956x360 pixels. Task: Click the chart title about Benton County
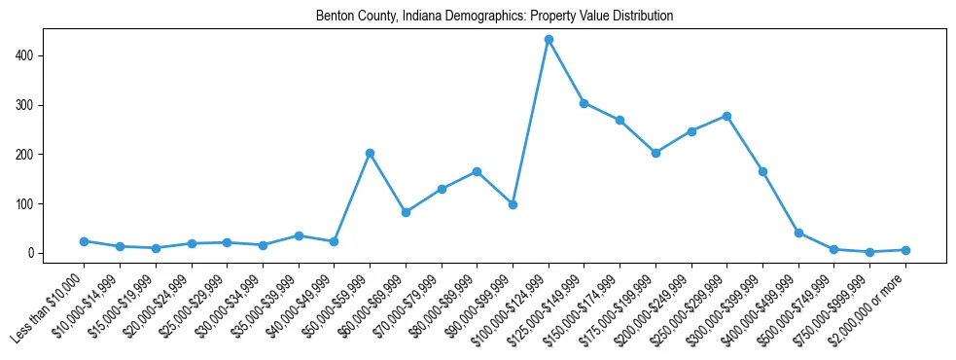click(494, 17)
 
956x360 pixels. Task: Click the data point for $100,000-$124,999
click(549, 40)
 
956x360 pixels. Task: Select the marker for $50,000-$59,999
click(370, 153)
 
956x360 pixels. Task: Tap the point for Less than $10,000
click(84, 241)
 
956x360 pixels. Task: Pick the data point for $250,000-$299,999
click(726, 116)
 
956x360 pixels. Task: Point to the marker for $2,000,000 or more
click(905, 250)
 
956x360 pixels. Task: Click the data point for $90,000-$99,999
click(513, 204)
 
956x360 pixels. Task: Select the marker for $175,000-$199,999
click(655, 153)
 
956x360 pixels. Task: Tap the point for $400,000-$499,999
click(798, 233)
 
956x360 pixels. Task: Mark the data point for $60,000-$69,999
click(406, 212)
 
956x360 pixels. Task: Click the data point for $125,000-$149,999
click(584, 103)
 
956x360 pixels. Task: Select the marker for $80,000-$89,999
click(477, 171)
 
